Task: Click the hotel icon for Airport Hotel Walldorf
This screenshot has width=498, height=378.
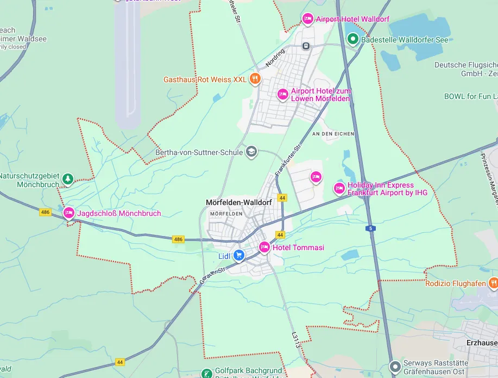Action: pos(307,19)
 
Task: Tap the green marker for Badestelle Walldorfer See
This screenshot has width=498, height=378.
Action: pos(352,39)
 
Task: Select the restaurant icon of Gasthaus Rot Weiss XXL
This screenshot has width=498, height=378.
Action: pos(255,79)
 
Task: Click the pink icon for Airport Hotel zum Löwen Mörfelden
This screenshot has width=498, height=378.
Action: pos(282,95)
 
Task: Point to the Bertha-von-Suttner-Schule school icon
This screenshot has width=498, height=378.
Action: pos(251,152)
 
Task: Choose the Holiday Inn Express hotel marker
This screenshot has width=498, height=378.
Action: pos(339,189)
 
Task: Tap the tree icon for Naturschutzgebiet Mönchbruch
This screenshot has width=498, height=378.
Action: pos(67,178)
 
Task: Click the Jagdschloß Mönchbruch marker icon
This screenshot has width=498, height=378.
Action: pos(69,213)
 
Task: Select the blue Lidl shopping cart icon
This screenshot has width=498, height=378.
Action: pos(239,255)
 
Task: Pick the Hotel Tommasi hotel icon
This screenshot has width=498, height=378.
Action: pos(264,247)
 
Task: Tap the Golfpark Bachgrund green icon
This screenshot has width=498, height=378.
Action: pos(206,374)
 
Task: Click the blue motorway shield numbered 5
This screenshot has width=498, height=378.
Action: pos(370,228)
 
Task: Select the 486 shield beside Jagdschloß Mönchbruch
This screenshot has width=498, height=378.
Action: pos(46,212)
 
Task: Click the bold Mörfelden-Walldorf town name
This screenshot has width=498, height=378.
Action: pos(238,202)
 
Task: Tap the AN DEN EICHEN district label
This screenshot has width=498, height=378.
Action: pos(333,133)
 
